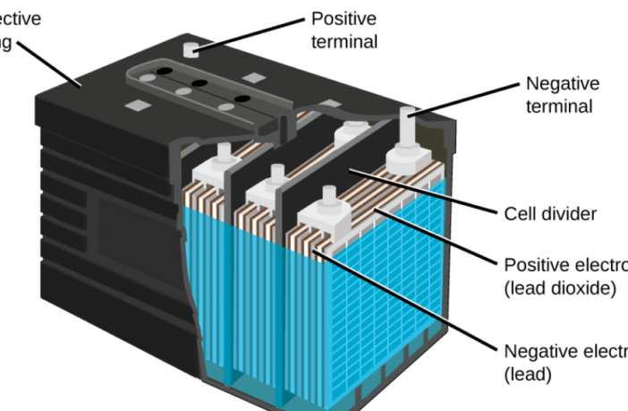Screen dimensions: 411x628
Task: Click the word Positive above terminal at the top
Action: pyautogui.click(x=344, y=19)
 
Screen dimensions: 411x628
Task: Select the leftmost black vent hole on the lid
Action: pyautogui.click(x=165, y=70)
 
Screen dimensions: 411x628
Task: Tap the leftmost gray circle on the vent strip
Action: pyautogui.click(x=151, y=78)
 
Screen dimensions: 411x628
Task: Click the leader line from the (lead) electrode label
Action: pyautogui.click(x=403, y=304)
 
